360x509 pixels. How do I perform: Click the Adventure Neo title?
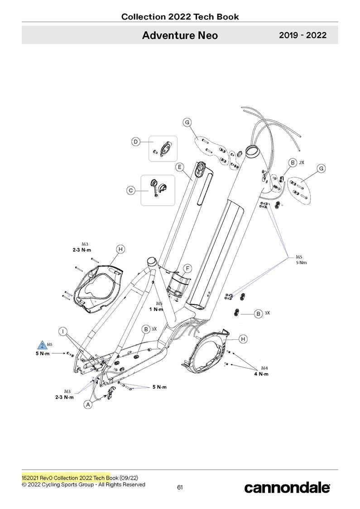tap(180, 35)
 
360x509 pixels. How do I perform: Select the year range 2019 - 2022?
tap(302, 35)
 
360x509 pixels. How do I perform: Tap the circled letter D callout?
tap(135, 142)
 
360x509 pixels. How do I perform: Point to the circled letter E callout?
tap(179, 167)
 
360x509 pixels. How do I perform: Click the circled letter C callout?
tap(131, 191)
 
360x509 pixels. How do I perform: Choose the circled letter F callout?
tap(187, 269)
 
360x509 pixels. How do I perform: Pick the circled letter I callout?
tap(64, 331)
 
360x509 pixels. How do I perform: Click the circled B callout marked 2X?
tap(293, 163)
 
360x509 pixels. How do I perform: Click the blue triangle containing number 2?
tap(42, 346)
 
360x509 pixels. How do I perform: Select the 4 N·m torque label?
tap(261, 374)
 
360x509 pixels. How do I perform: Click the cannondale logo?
tap(287, 488)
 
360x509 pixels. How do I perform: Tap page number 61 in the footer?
tap(180, 487)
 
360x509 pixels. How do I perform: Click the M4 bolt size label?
tap(264, 368)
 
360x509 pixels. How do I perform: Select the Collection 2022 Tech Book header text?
tap(180, 17)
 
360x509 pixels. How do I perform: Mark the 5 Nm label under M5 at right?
tap(301, 263)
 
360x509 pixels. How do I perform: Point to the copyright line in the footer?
tap(83, 485)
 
